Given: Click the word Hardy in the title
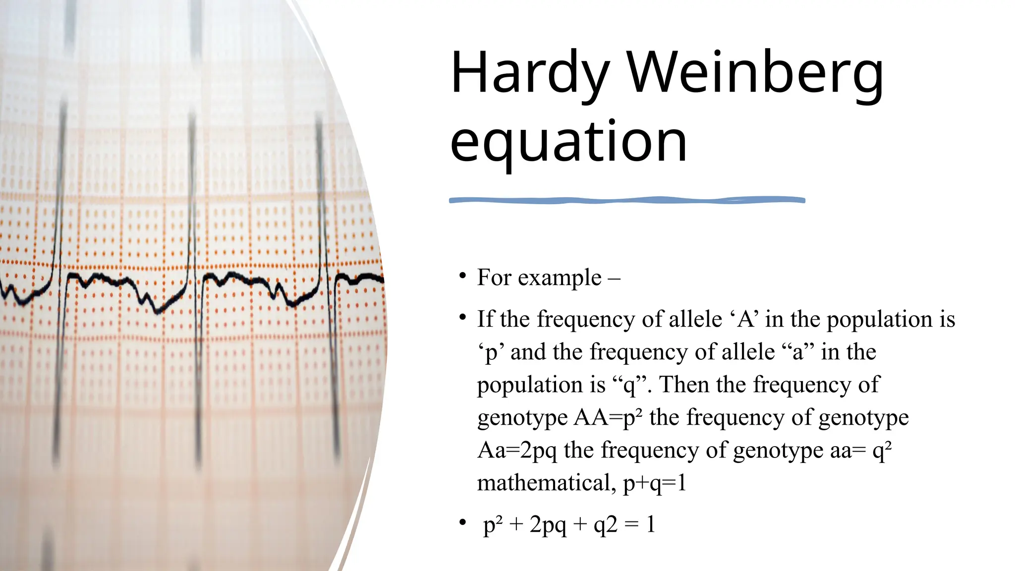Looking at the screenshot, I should [x=529, y=74].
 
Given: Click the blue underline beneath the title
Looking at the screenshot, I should [x=627, y=200].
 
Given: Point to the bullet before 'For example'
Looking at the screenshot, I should [x=462, y=276].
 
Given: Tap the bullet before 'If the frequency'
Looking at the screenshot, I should [x=462, y=317].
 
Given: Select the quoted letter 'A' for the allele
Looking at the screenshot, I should [x=746, y=319].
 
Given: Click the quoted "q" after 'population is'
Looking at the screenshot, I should [x=629, y=385].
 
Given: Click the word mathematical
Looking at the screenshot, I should [x=544, y=483].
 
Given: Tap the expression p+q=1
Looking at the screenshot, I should [x=655, y=483].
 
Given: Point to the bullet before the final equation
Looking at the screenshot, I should [x=462, y=522].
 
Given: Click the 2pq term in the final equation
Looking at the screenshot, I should [x=548, y=525].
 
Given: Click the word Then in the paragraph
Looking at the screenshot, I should [x=684, y=385].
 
